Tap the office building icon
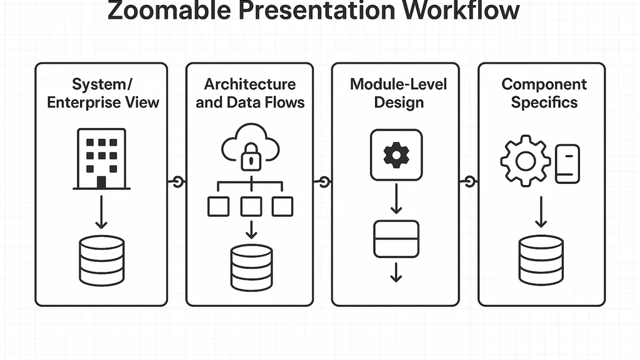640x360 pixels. (x=101, y=158)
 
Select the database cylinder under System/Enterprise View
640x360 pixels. (x=102, y=261)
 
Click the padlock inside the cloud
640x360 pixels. (x=251, y=158)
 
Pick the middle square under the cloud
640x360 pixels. (x=251, y=206)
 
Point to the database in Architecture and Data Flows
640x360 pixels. (x=251, y=267)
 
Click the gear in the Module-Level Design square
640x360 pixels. (x=396, y=155)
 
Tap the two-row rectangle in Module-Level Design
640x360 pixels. (x=396, y=239)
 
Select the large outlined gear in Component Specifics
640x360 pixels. (x=526, y=161)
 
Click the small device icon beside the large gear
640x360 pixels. (x=567, y=164)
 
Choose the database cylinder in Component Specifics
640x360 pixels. (x=541, y=260)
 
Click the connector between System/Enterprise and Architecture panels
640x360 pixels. (x=177, y=182)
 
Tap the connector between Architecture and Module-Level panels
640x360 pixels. (x=323, y=182)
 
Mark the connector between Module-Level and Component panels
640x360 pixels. (x=469, y=182)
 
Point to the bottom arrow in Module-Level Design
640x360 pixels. (x=396, y=272)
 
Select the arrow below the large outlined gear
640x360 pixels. (x=541, y=212)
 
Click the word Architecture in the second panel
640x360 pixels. (x=250, y=84)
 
